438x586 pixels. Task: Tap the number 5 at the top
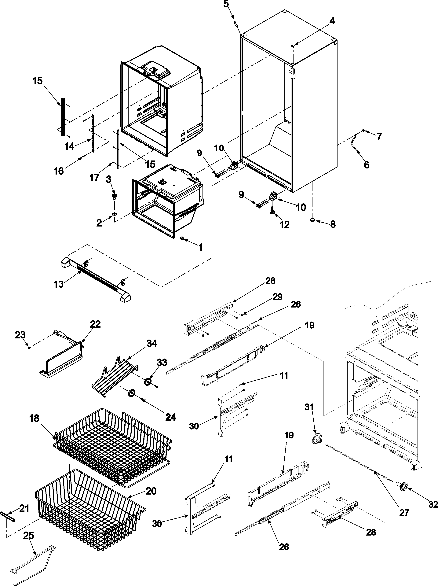(x=226, y=5)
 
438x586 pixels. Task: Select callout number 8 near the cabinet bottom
(x=333, y=224)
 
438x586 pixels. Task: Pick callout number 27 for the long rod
(x=404, y=513)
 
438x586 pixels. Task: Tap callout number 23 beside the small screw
(x=20, y=335)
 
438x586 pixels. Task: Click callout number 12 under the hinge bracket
(x=284, y=225)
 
